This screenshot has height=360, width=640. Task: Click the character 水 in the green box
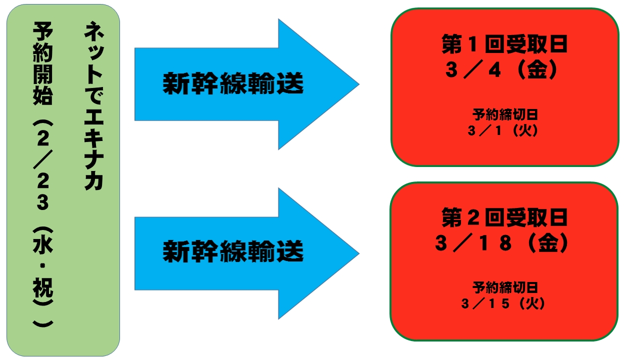point(42,247)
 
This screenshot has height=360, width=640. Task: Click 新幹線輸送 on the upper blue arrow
point(233,84)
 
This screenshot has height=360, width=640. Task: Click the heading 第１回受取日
point(504,45)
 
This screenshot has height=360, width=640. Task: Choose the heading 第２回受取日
point(504,218)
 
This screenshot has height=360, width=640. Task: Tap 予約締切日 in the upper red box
point(505,115)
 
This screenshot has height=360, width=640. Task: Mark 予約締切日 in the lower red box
point(505,287)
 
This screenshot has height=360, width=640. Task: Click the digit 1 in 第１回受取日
point(473,45)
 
